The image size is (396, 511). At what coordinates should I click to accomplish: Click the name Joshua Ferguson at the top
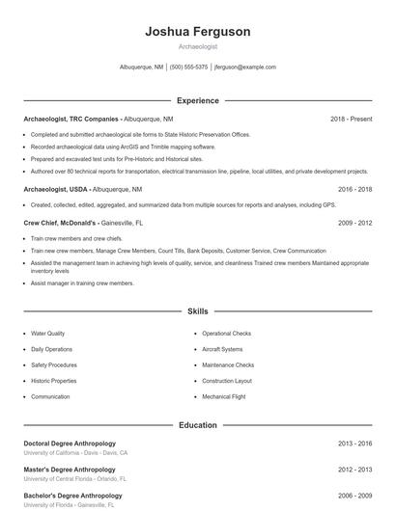tap(197, 31)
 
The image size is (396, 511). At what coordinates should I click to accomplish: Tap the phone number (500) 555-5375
tap(188, 67)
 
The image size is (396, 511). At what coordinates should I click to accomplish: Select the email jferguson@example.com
tap(245, 67)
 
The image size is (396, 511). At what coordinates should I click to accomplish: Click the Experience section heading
tap(197, 100)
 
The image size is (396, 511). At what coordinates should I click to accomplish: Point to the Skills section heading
tap(197, 311)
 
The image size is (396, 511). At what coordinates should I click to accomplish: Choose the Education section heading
tap(197, 424)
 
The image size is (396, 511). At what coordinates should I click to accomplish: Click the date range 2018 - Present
tap(351, 119)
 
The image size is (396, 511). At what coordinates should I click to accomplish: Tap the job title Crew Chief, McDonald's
tap(61, 222)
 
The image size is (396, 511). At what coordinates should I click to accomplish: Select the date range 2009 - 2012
tap(354, 222)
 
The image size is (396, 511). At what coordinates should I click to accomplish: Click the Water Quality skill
tap(48, 334)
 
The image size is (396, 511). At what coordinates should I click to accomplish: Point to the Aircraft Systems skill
tap(222, 349)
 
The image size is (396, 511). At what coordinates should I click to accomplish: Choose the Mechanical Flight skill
tap(224, 396)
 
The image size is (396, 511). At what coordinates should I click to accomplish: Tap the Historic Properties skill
tap(54, 381)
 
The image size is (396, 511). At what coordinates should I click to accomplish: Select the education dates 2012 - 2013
tap(354, 470)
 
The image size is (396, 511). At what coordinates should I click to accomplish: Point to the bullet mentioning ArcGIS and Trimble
tap(123, 147)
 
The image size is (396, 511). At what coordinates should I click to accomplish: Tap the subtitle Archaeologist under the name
tap(197, 46)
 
